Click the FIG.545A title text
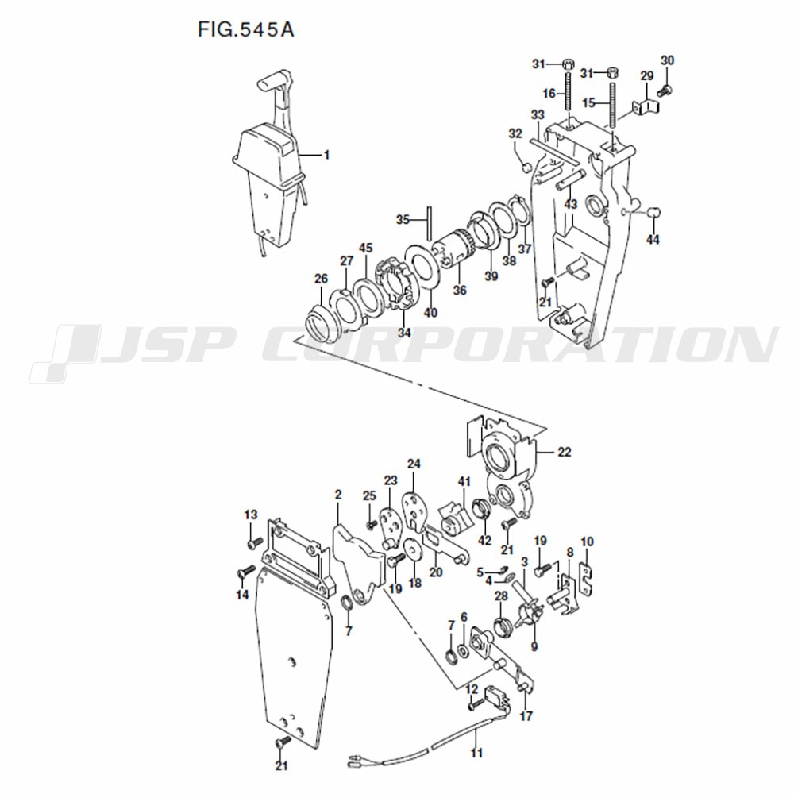pyautogui.click(x=245, y=30)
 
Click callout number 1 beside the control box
pyautogui.click(x=326, y=155)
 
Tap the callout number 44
pyautogui.click(x=653, y=239)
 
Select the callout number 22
pyautogui.click(x=564, y=452)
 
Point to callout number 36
pyautogui.click(x=460, y=290)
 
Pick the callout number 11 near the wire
pyautogui.click(x=476, y=753)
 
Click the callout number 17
pyautogui.click(x=526, y=716)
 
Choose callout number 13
pyautogui.click(x=251, y=515)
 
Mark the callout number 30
pyautogui.click(x=668, y=60)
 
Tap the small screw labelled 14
pyautogui.click(x=245, y=574)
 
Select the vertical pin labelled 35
pyautogui.click(x=429, y=222)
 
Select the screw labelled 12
pyautogui.click(x=475, y=703)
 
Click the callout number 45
pyautogui.click(x=365, y=248)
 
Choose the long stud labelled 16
pyautogui.click(x=567, y=92)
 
